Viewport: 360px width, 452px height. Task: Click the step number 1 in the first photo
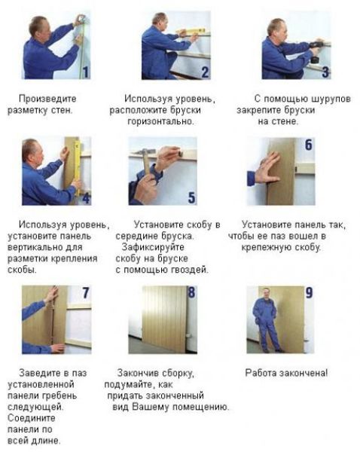pos(85,72)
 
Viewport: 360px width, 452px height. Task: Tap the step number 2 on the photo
pos(205,72)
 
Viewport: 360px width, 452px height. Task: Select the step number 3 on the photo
pos(325,72)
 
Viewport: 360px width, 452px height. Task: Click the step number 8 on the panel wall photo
pos(191,292)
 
